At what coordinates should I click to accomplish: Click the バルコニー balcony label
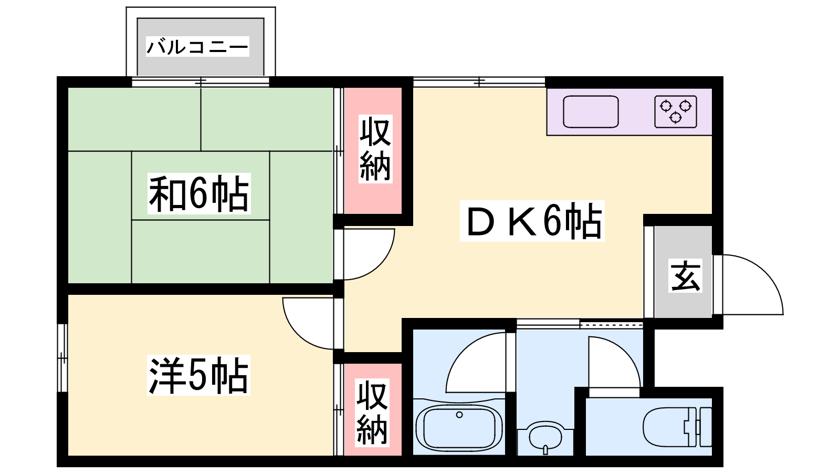197,47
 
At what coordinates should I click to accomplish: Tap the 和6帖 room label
199,194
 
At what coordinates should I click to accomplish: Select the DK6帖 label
532,221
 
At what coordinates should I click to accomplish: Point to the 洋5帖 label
198,375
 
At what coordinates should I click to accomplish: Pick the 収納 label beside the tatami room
375,149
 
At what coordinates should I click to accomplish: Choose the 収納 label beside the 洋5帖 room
372,413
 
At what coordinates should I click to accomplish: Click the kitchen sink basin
591,111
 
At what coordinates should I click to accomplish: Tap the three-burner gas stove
676,111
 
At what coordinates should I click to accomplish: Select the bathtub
459,428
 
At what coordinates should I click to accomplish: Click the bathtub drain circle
459,415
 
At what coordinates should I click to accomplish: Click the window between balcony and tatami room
201,81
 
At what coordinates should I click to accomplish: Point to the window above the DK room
479,81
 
